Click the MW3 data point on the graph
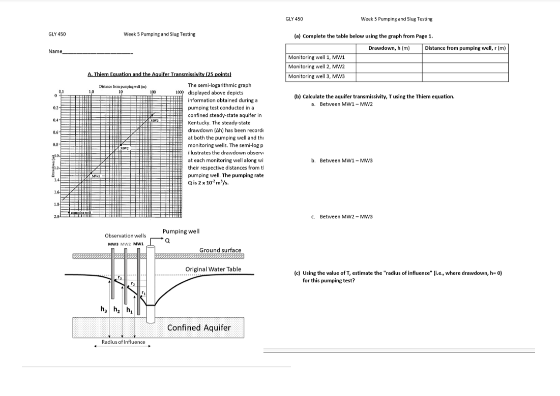[x=154, y=121]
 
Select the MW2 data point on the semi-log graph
[x=124, y=148]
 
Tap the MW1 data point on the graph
[x=95, y=175]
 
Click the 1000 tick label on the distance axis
[x=179, y=92]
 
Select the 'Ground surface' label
[x=220, y=250]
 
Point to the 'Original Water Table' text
[x=213, y=269]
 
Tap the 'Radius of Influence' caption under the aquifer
[x=123, y=342]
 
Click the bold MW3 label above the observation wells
[x=113, y=244]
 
